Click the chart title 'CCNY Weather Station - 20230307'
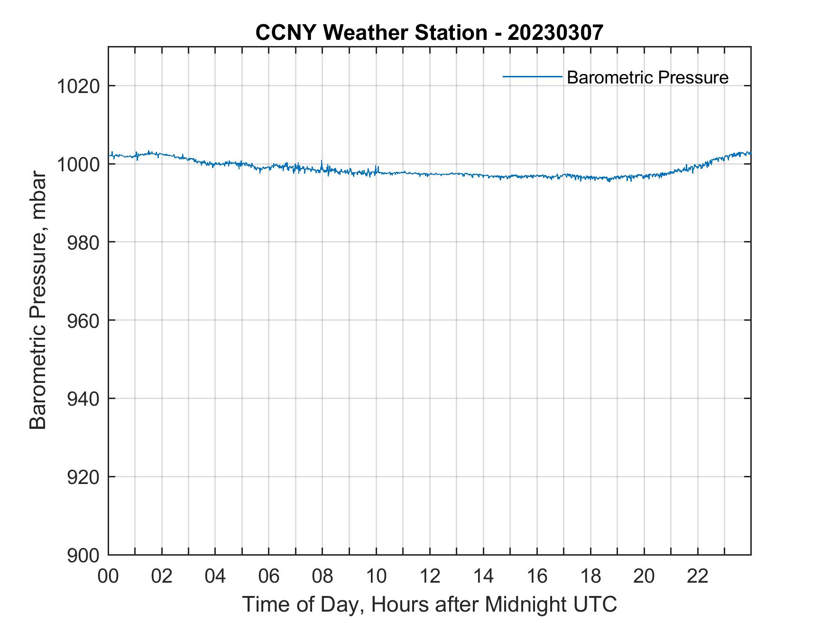[429, 33]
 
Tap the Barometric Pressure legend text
[647, 77]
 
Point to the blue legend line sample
[532, 76]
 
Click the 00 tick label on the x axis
[108, 577]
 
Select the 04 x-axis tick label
[215, 577]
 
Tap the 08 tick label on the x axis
[323, 577]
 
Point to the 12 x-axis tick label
[430, 577]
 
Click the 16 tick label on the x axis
[537, 577]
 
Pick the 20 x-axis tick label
[644, 577]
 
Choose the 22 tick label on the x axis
[698, 577]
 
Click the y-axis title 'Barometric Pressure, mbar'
[38, 300]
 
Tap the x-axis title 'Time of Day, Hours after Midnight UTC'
[429, 604]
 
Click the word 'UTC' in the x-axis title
[596, 604]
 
